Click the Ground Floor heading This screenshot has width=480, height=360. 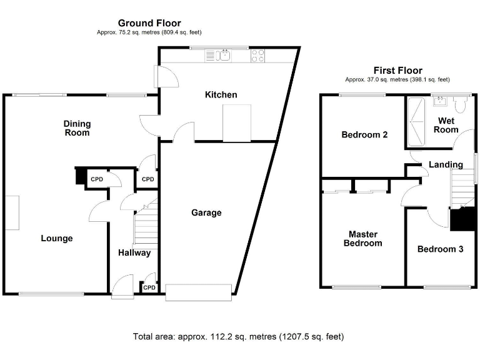(149, 23)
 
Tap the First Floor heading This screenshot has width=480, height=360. (397, 71)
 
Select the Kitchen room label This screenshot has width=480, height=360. (221, 95)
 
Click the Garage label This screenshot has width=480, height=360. (206, 212)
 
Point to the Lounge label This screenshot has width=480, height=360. (57, 238)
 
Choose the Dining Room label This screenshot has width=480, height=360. (77, 128)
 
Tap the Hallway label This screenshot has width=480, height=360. (134, 253)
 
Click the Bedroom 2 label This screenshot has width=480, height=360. (365, 134)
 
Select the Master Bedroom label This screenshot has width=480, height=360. (362, 239)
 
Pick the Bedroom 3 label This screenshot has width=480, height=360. (440, 249)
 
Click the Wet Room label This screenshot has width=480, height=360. (447, 125)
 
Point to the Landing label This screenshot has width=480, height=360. (446, 165)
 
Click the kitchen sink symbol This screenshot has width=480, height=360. (224, 56)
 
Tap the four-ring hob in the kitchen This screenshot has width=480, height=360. (258, 56)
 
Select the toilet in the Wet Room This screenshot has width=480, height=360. (461, 104)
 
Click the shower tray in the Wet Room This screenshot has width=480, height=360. (414, 121)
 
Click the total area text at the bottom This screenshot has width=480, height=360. (238, 337)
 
